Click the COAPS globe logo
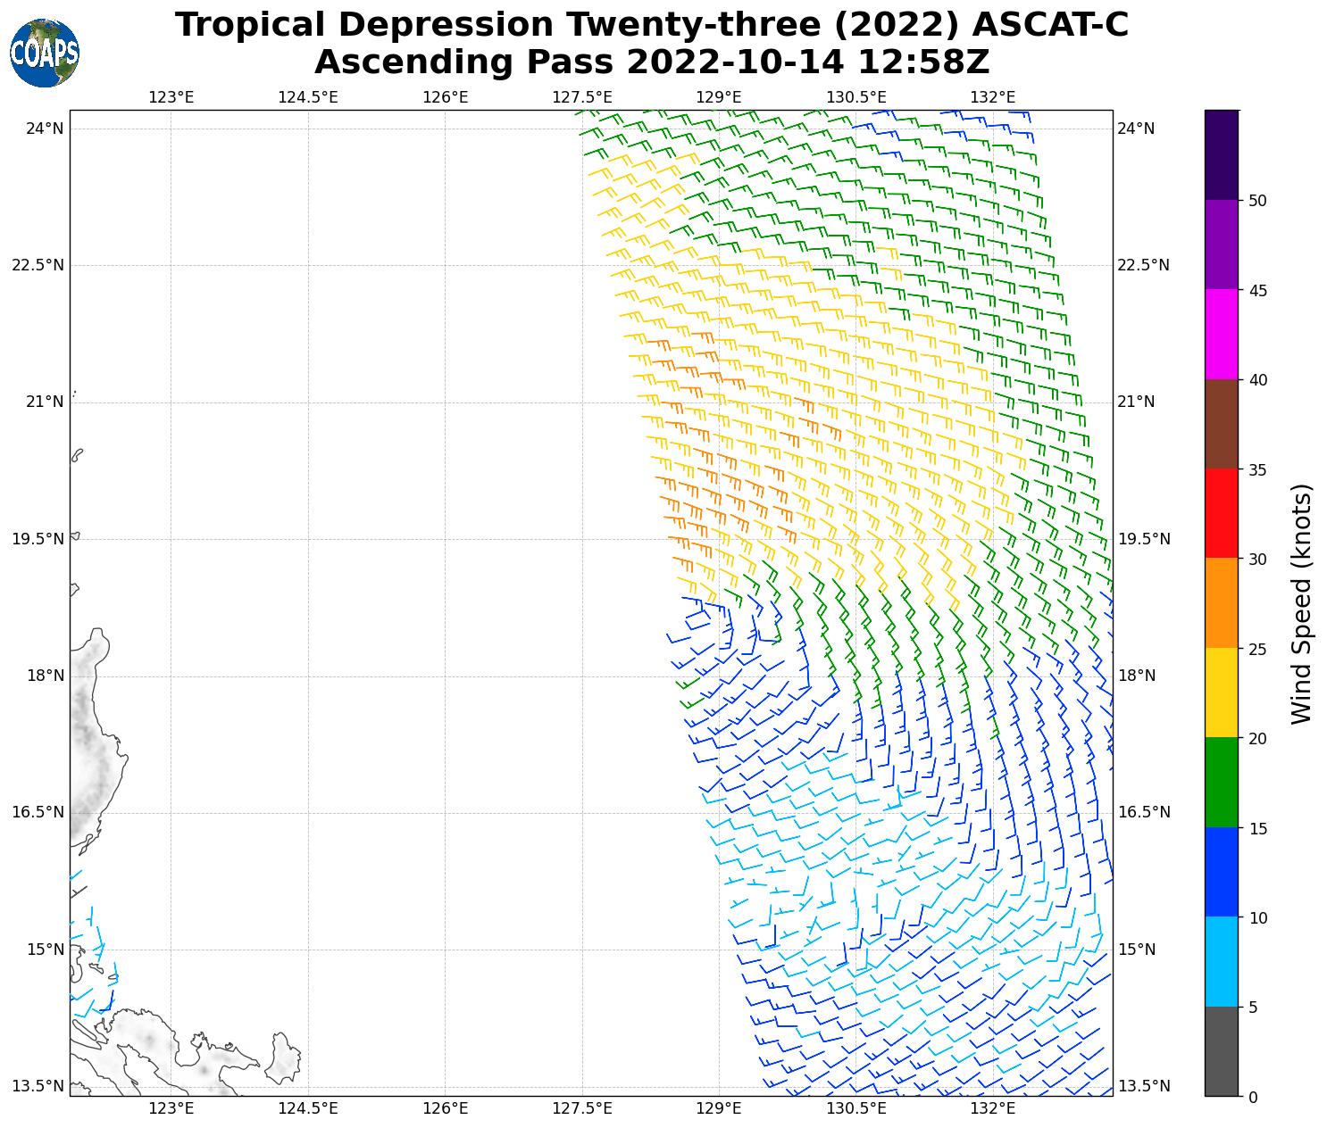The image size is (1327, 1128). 45,54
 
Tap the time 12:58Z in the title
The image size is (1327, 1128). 924,62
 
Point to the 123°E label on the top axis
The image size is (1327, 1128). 171,97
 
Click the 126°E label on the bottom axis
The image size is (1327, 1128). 445,1109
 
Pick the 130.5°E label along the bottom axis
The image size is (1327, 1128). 856,1109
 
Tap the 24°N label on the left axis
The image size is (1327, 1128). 45,129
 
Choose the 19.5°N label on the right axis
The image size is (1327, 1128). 1143,539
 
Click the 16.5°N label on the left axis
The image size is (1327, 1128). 38,812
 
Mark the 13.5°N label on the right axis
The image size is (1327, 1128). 1143,1086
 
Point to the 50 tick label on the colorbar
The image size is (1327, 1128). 1257,201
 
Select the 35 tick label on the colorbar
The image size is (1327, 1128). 1257,469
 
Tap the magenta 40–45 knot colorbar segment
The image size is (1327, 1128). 1221,335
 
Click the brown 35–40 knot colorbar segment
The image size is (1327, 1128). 1221,424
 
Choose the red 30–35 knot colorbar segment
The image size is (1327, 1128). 1221,514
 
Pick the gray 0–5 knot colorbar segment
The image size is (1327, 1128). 1221,1051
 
